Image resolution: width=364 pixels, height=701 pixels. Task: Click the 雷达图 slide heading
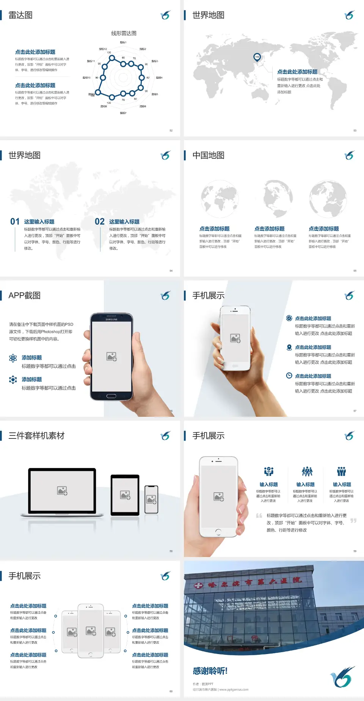point(20,15)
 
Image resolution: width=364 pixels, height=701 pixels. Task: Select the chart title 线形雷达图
point(124,33)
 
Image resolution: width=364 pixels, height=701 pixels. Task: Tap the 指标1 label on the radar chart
point(123,42)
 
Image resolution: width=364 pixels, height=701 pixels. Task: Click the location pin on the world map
point(257,57)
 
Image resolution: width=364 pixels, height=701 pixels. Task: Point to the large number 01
point(15,222)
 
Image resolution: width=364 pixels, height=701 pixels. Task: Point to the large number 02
point(100,222)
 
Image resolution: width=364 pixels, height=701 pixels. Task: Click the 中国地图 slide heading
point(208,155)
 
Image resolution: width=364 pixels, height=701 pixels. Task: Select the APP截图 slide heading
point(25,296)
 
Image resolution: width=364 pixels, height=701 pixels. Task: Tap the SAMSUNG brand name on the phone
point(111,319)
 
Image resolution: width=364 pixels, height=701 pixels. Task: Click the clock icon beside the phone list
point(289,376)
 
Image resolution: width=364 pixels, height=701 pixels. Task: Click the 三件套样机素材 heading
point(36,436)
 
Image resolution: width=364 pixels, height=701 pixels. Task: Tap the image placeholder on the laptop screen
point(62,491)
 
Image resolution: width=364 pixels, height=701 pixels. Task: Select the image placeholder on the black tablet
point(125,495)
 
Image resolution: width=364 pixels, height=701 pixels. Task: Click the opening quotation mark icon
point(259,515)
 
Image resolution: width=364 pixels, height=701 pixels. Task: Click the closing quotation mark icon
point(353,521)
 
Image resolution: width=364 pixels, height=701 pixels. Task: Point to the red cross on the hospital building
point(198,586)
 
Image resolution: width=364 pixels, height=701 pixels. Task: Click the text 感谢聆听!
point(210,671)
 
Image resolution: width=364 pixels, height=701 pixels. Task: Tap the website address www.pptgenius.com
point(234,690)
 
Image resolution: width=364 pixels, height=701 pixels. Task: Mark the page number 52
point(171,130)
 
